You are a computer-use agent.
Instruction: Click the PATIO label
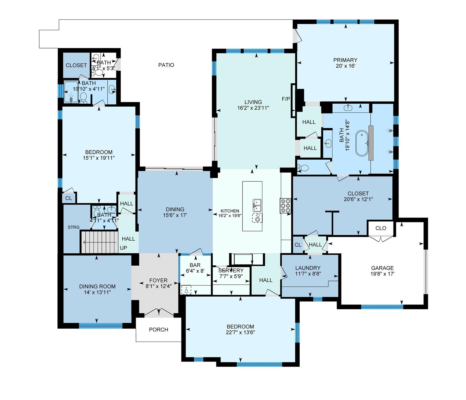coord(166,65)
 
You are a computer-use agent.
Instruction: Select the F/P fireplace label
coord(286,99)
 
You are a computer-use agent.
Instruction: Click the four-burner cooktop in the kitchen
coord(285,206)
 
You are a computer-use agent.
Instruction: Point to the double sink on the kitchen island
coord(257,205)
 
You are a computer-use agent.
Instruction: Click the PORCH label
coord(158,329)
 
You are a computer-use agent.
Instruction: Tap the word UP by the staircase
coord(123,248)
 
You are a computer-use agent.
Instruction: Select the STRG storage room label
coord(73,227)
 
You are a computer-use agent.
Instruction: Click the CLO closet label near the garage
coord(381,228)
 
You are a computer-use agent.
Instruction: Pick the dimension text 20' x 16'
coord(345,66)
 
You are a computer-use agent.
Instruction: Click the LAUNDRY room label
coord(308,268)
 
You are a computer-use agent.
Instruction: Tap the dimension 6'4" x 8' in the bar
coord(195,271)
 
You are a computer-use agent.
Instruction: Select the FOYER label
coord(158,280)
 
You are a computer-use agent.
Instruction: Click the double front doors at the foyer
coord(158,312)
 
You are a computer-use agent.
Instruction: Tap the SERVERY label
coord(231,271)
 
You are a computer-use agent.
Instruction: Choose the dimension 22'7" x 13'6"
coord(240,333)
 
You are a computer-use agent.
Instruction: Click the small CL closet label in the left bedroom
coord(68,198)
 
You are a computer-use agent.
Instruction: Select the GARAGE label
coord(382,268)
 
